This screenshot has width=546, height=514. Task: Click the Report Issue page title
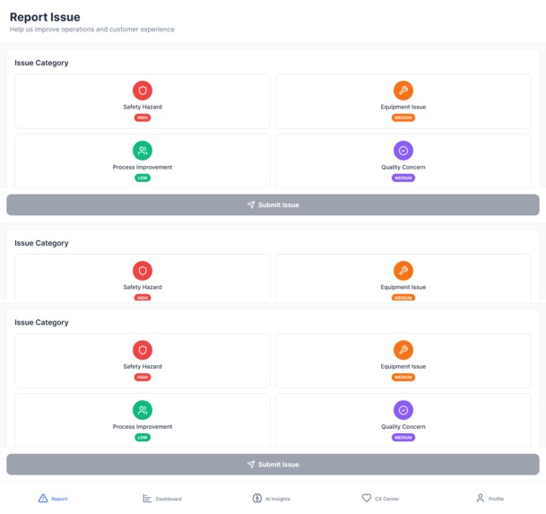pyautogui.click(x=45, y=16)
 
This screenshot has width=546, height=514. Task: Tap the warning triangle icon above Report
pyautogui.click(x=43, y=498)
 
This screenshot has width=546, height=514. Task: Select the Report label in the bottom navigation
pyautogui.click(x=59, y=499)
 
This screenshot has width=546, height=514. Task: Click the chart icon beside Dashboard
pyautogui.click(x=147, y=498)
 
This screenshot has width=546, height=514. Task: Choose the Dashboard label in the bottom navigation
pyautogui.click(x=169, y=499)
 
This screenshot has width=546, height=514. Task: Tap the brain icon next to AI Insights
pyautogui.click(x=257, y=498)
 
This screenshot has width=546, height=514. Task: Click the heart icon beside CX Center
pyautogui.click(x=366, y=498)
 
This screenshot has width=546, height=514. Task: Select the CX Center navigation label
pyautogui.click(x=386, y=499)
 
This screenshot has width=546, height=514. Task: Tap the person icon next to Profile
pyautogui.click(x=480, y=498)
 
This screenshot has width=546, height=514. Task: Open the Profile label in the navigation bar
pyautogui.click(x=496, y=499)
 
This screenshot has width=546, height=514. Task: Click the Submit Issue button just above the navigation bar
pyautogui.click(x=273, y=464)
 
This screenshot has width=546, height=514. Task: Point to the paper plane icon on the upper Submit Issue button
pyautogui.click(x=251, y=205)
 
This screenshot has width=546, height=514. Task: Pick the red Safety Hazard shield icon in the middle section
pyautogui.click(x=143, y=270)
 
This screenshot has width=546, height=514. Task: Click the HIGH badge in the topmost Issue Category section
pyautogui.click(x=143, y=118)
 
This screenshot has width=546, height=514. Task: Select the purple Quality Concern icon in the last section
pyautogui.click(x=403, y=410)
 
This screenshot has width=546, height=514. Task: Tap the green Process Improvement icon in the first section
pyautogui.click(x=143, y=151)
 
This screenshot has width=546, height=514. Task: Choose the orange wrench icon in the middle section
pyautogui.click(x=403, y=270)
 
